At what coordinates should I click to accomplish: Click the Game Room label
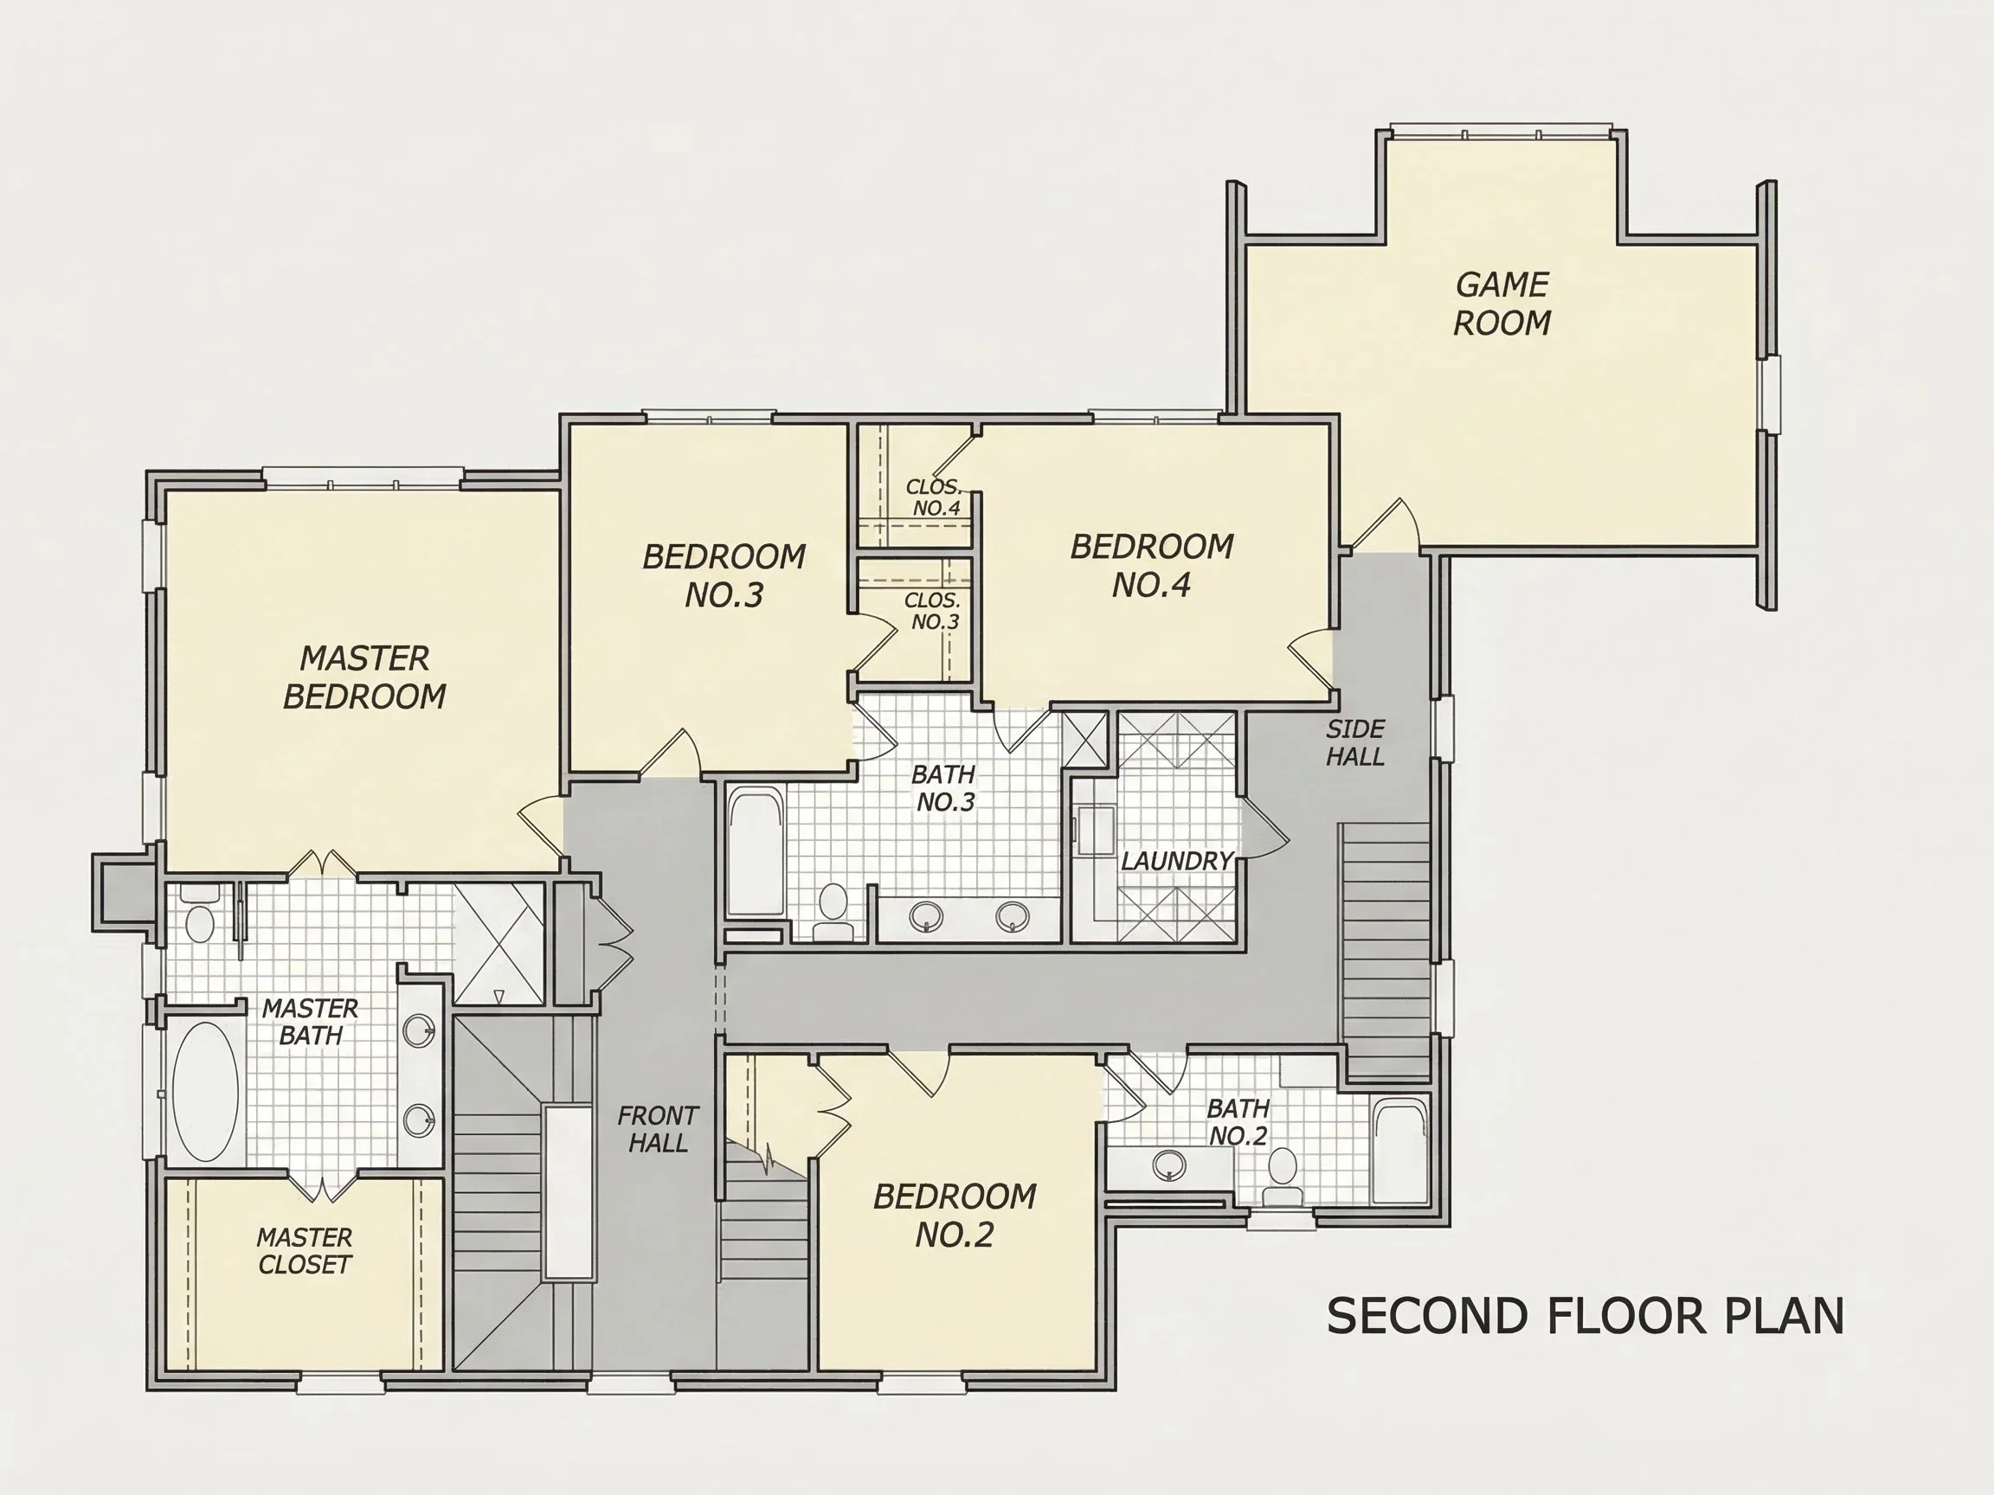click(1502, 304)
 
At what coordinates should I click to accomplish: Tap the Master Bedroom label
click(364, 677)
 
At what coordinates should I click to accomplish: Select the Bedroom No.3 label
click(724, 576)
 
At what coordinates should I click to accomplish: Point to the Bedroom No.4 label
click(1151, 566)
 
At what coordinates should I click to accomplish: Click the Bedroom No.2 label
click(955, 1216)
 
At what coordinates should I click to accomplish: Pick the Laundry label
click(1176, 861)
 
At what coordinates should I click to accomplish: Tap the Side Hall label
click(1355, 742)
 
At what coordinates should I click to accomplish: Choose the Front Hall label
click(658, 1129)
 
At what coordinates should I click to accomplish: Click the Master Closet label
click(305, 1251)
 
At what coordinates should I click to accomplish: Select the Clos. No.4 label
click(934, 497)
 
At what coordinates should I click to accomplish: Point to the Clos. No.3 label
click(934, 611)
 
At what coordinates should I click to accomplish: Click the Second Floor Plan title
click(1585, 1317)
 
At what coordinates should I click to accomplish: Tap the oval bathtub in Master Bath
click(205, 1091)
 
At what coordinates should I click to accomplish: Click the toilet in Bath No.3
click(833, 912)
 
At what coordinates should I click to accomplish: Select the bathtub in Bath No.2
click(1399, 1151)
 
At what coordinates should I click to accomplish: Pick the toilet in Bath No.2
click(1282, 1177)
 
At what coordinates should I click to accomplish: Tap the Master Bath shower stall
click(498, 944)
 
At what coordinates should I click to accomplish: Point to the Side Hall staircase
click(1384, 950)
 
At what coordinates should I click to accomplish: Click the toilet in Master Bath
click(199, 914)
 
